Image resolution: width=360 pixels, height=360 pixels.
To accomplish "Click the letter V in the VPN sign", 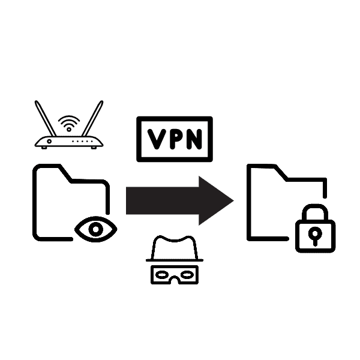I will pyautogui.click(x=157, y=139).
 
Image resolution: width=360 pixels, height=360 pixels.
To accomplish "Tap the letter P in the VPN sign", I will pyautogui.click(x=175, y=139).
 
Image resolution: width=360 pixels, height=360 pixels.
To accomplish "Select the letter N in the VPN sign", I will pyautogui.click(x=193, y=139).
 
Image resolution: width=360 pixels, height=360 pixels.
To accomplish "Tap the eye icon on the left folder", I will pyautogui.click(x=95, y=228).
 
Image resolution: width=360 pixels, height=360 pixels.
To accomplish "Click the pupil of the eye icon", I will pyautogui.click(x=95, y=228).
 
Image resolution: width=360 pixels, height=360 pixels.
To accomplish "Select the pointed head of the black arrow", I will pyautogui.click(x=216, y=200).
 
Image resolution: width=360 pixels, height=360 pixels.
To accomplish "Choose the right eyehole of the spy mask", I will pyautogui.click(x=185, y=274).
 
